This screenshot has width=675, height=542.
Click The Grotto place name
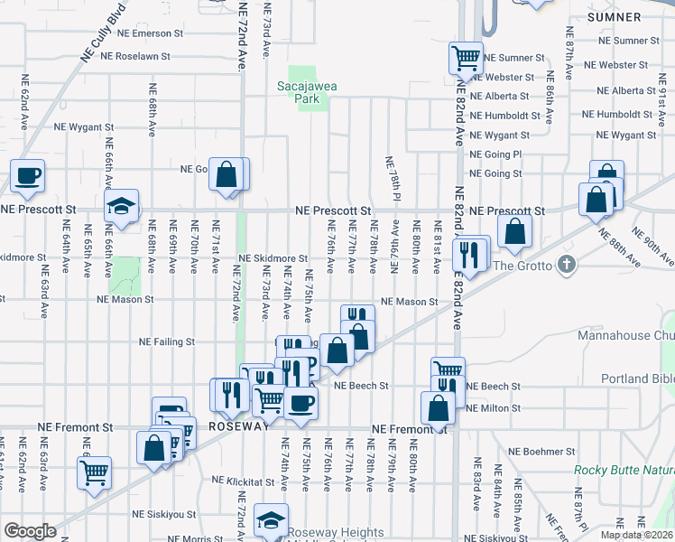coord(523,265)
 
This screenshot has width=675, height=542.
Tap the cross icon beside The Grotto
coord(566,265)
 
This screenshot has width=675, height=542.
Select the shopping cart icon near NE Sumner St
coord(465,59)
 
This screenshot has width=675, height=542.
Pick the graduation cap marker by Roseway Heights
coord(271,519)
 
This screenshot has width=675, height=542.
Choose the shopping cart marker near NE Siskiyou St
coord(94,472)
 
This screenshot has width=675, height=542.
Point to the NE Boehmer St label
coord(541,451)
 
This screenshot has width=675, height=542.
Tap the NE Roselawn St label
coord(143,55)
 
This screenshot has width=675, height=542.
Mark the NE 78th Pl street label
coord(393,178)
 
